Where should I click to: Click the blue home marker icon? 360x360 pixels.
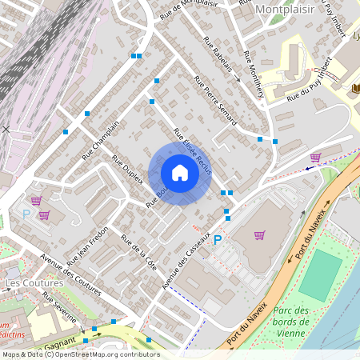(180, 173)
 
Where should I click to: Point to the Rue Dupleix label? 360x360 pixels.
(127, 169)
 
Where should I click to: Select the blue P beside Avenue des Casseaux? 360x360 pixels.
(217, 239)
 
